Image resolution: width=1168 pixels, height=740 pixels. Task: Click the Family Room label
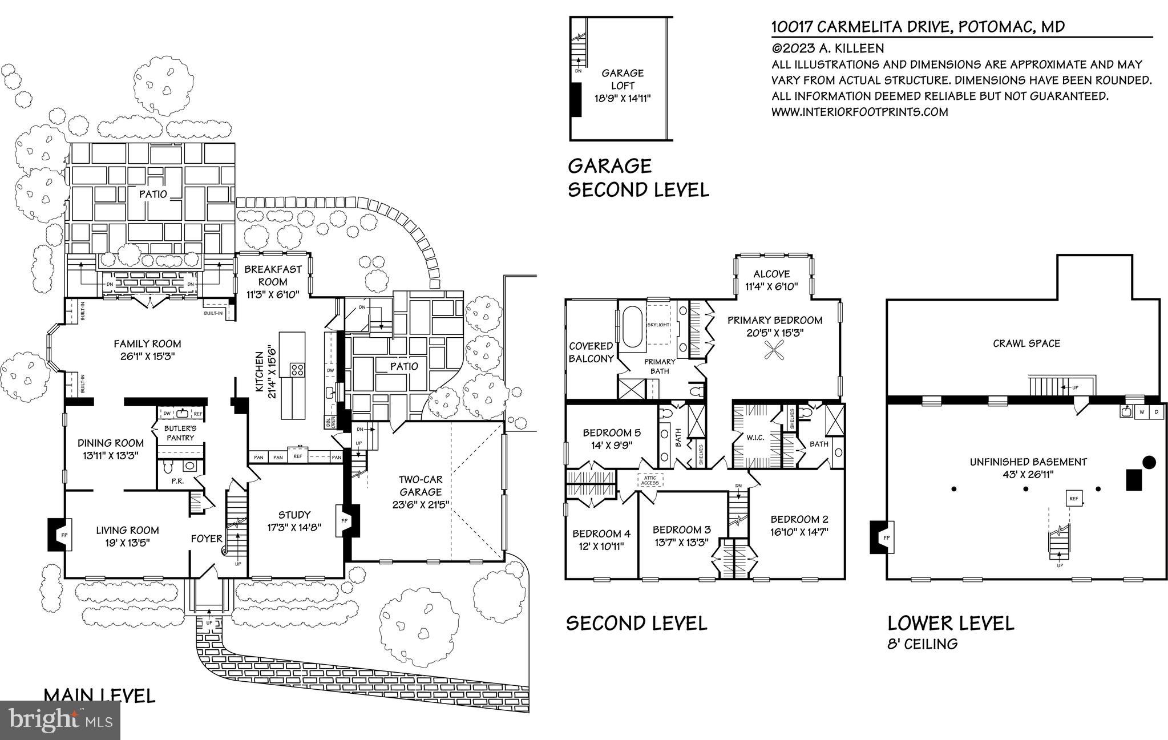coord(147,343)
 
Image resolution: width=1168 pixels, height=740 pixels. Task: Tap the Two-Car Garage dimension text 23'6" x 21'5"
coord(421,504)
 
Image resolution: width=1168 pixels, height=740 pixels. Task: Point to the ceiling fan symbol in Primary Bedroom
coord(775,350)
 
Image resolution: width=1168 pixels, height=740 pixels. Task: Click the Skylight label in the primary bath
coord(658,325)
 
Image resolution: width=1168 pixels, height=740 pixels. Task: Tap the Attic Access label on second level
coord(650,480)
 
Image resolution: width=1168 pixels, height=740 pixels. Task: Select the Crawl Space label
coord(1026,343)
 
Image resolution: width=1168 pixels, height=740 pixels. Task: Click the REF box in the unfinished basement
coord(1074,498)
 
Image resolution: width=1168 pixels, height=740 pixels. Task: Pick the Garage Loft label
coord(622,79)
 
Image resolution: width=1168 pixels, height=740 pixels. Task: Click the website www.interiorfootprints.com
coord(859,112)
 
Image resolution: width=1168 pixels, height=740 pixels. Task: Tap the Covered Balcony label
coord(591,352)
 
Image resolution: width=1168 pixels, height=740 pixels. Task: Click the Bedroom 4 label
coord(601,533)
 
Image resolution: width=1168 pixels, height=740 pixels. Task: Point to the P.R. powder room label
coord(177,481)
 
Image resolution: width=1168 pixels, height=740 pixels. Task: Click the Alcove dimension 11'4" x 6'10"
coord(771,286)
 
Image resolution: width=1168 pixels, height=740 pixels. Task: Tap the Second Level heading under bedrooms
coord(636,623)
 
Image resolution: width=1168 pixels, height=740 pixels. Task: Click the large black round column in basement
coord(1148,462)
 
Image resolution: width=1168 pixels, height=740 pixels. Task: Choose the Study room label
coord(294,515)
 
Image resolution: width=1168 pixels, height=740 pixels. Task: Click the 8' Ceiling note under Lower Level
coord(922,644)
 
